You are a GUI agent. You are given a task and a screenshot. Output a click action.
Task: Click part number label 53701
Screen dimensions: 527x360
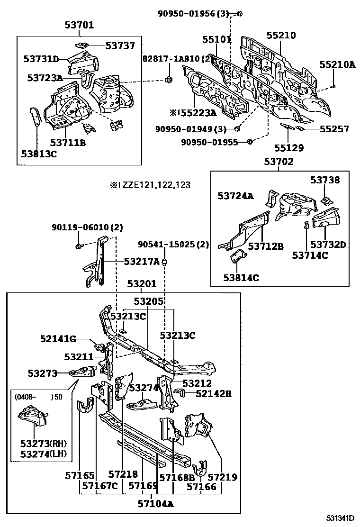[79, 25]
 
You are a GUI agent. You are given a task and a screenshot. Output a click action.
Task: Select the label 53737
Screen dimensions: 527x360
[120, 45]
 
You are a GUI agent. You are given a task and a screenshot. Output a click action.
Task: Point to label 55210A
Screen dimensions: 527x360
[337, 64]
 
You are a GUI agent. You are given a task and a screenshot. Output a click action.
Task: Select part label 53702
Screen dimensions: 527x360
[279, 162]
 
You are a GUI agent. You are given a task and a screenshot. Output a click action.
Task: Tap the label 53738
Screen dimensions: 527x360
[325, 180]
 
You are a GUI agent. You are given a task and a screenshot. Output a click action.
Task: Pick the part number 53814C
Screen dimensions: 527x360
[241, 278]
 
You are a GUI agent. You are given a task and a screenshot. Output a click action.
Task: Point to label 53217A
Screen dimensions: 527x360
[142, 261]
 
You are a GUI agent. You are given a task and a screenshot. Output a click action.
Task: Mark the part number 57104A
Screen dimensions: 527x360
[156, 504]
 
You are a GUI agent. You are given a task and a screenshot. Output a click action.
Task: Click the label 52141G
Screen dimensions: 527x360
[58, 338]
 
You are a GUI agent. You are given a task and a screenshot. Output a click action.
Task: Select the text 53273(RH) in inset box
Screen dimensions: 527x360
[43, 444]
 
